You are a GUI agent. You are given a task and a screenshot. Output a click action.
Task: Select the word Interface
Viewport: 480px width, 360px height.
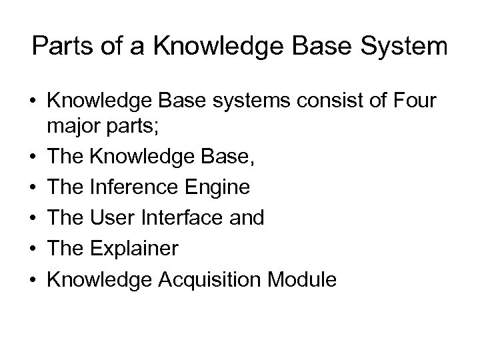point(186,217)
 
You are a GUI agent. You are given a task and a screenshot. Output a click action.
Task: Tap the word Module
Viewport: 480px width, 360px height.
point(303,279)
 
